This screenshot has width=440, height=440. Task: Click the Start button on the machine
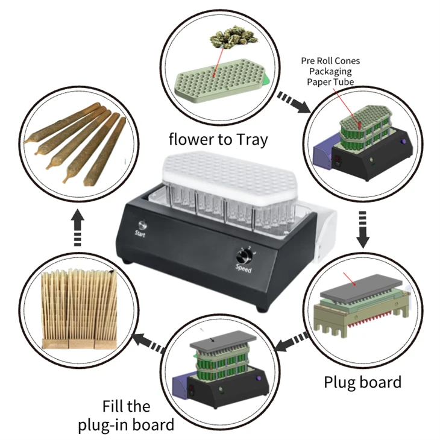(x=143, y=225)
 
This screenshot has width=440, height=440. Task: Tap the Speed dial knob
(x=242, y=256)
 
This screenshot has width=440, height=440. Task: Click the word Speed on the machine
(x=244, y=269)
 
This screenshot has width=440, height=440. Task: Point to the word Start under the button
(x=140, y=233)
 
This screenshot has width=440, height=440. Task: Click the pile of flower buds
(x=233, y=36)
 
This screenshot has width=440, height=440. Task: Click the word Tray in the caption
(x=248, y=139)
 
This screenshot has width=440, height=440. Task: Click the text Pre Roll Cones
(x=330, y=61)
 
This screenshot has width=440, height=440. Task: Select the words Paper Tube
(x=330, y=82)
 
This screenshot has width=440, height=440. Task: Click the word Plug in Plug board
(x=339, y=383)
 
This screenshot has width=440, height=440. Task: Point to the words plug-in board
(x=126, y=424)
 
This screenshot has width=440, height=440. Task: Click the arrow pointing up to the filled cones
(x=77, y=228)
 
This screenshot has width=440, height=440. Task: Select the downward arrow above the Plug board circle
(x=363, y=230)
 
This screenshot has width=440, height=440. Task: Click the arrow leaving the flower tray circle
(x=295, y=102)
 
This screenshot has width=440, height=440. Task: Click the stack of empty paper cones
(x=79, y=309)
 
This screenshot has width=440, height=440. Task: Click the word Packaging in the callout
(x=330, y=71)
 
